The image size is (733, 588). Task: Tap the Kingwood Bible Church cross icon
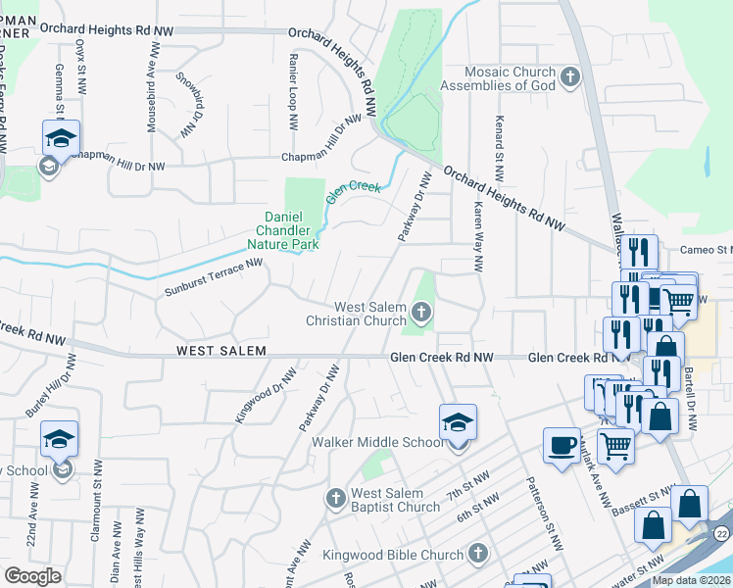pos(477,554)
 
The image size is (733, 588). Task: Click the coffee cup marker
pos(562,446)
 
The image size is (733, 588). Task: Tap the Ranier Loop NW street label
pos(292,93)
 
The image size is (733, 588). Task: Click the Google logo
pos(32,576)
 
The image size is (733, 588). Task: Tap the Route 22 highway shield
pos(723,531)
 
